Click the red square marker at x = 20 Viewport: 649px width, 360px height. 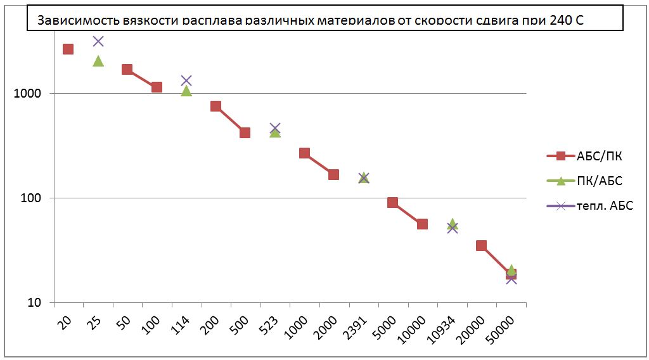(x=68, y=49)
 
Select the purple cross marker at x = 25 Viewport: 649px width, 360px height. (x=98, y=41)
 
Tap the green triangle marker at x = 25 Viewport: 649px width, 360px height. (x=98, y=61)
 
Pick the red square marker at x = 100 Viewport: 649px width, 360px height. (x=157, y=87)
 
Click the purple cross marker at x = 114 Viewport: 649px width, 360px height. (x=186, y=80)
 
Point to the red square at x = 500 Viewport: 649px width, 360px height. (x=245, y=132)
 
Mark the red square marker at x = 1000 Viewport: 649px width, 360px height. (x=304, y=153)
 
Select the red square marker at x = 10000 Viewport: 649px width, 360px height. (x=422, y=224)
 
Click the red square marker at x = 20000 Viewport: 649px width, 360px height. (x=481, y=245)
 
